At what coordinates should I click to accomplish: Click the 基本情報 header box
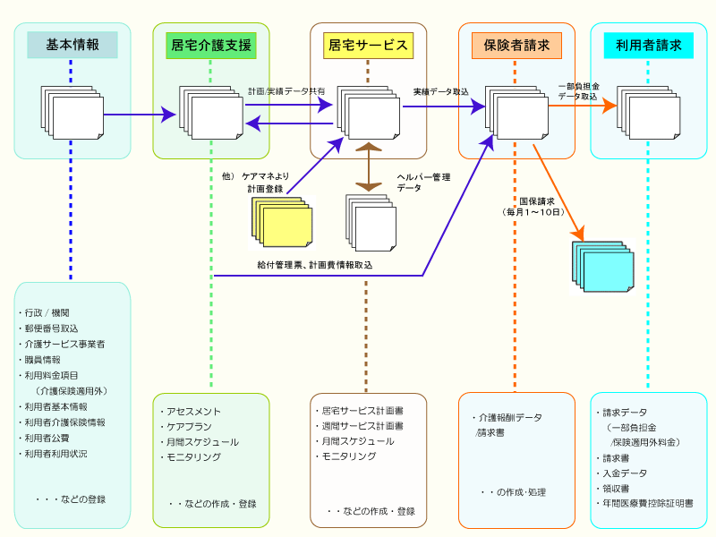pos(72,45)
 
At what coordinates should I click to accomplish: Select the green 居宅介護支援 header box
pos(211,45)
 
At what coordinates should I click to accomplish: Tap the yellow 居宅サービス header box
pos(368,45)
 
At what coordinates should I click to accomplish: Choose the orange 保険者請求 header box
pos(516,45)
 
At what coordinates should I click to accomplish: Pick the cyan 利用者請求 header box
pos(649,45)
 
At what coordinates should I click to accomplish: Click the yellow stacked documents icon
pos(283,221)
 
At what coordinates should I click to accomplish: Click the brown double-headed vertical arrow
pos(368,166)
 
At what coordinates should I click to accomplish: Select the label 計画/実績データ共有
pos(286,91)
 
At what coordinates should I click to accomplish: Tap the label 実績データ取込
pos(440,91)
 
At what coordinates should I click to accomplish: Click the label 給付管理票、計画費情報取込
pos(314,265)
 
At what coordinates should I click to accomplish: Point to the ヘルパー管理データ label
pos(423,183)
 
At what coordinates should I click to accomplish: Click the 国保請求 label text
pos(537,201)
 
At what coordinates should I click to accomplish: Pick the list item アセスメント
pos(191,412)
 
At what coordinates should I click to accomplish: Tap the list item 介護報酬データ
pos(508,417)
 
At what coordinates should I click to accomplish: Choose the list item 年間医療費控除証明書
pos(646,504)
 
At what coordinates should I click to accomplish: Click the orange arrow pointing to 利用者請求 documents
pos(582,106)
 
